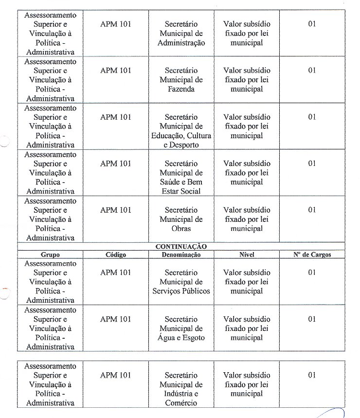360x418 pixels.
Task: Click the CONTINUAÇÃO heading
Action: pyautogui.click(x=181, y=247)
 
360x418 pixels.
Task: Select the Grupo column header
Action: pyautogui.click(x=50, y=254)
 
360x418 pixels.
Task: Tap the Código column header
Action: pyautogui.click(x=116, y=254)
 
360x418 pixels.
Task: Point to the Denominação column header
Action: pyautogui.click(x=181, y=254)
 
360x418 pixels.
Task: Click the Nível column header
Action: pyautogui.click(x=247, y=254)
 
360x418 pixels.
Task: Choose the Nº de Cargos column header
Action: pyautogui.click(x=312, y=254)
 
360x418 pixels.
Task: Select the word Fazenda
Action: pyautogui.click(x=181, y=89)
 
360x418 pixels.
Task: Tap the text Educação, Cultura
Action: pyautogui.click(x=181, y=136)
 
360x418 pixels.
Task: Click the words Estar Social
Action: pyautogui.click(x=181, y=191)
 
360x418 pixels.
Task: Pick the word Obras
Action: pyautogui.click(x=181, y=228)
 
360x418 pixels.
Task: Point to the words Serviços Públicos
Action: pyautogui.click(x=181, y=291)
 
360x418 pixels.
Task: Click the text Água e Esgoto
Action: pyautogui.click(x=181, y=338)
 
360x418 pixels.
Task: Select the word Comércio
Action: pyautogui.click(x=181, y=403)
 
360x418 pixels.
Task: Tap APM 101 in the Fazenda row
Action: pyautogui.click(x=116, y=71)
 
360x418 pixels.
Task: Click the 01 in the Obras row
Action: pyautogui.click(x=312, y=210)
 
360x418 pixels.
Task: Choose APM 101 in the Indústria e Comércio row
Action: pyautogui.click(x=116, y=375)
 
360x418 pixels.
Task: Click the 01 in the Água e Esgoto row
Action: pyautogui.click(x=312, y=319)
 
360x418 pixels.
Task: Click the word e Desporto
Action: pyautogui.click(x=181, y=145)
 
